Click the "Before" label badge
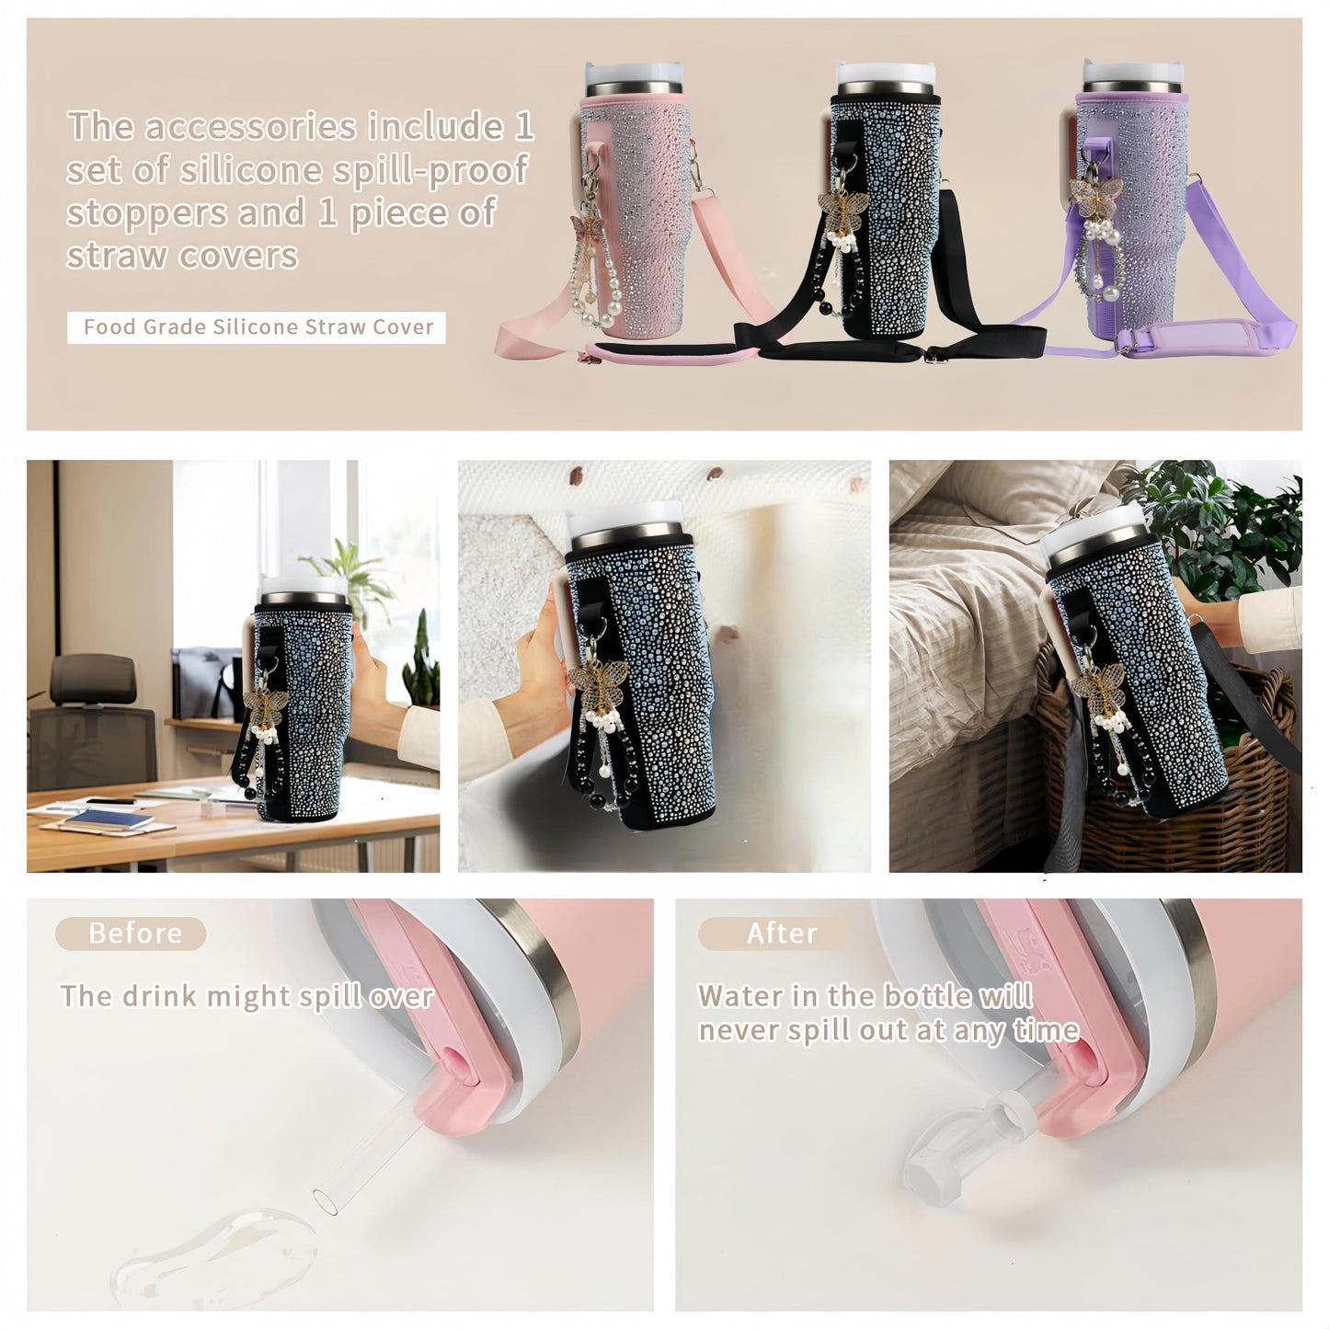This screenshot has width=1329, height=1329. point(131,934)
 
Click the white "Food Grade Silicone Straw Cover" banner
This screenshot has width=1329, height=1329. point(257,327)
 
